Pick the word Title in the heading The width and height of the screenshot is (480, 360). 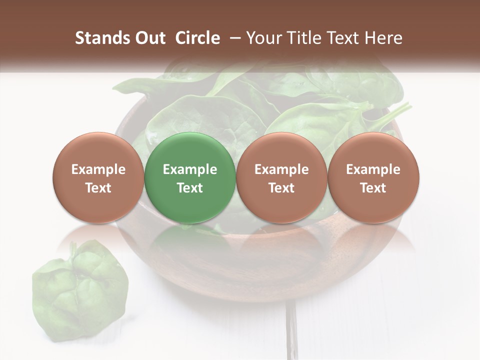(301, 38)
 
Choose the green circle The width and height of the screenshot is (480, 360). (190, 178)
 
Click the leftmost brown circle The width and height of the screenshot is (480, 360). (98, 178)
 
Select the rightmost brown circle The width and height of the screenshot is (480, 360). (373, 178)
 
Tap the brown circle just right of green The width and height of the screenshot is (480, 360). (281, 178)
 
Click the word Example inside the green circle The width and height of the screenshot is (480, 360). (190, 169)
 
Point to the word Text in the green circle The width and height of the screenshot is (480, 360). (190, 187)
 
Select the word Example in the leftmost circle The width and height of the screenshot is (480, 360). (98, 169)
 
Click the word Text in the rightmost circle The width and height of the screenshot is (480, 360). (373, 187)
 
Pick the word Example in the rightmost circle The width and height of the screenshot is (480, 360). (373, 169)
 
